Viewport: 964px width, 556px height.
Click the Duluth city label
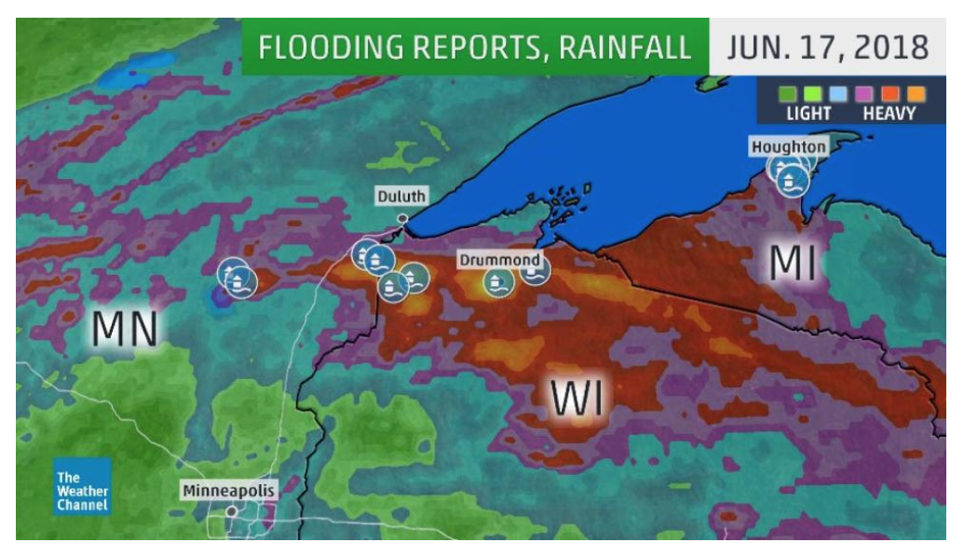pos(401,197)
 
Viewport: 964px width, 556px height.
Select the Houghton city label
pos(788,147)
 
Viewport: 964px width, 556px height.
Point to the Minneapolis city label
pos(230,490)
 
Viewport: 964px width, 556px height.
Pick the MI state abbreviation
pos(794,264)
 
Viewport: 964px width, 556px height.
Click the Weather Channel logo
pos(82,486)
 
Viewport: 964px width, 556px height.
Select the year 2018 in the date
pos(889,47)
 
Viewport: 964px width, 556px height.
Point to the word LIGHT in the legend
pos(808,115)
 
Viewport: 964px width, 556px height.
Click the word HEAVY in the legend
pos(889,115)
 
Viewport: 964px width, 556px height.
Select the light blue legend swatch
pos(838,94)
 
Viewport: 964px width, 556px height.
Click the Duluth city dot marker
pos(402,219)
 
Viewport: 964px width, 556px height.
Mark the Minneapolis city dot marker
pos(231,511)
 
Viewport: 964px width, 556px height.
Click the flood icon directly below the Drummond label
pos(496,281)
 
